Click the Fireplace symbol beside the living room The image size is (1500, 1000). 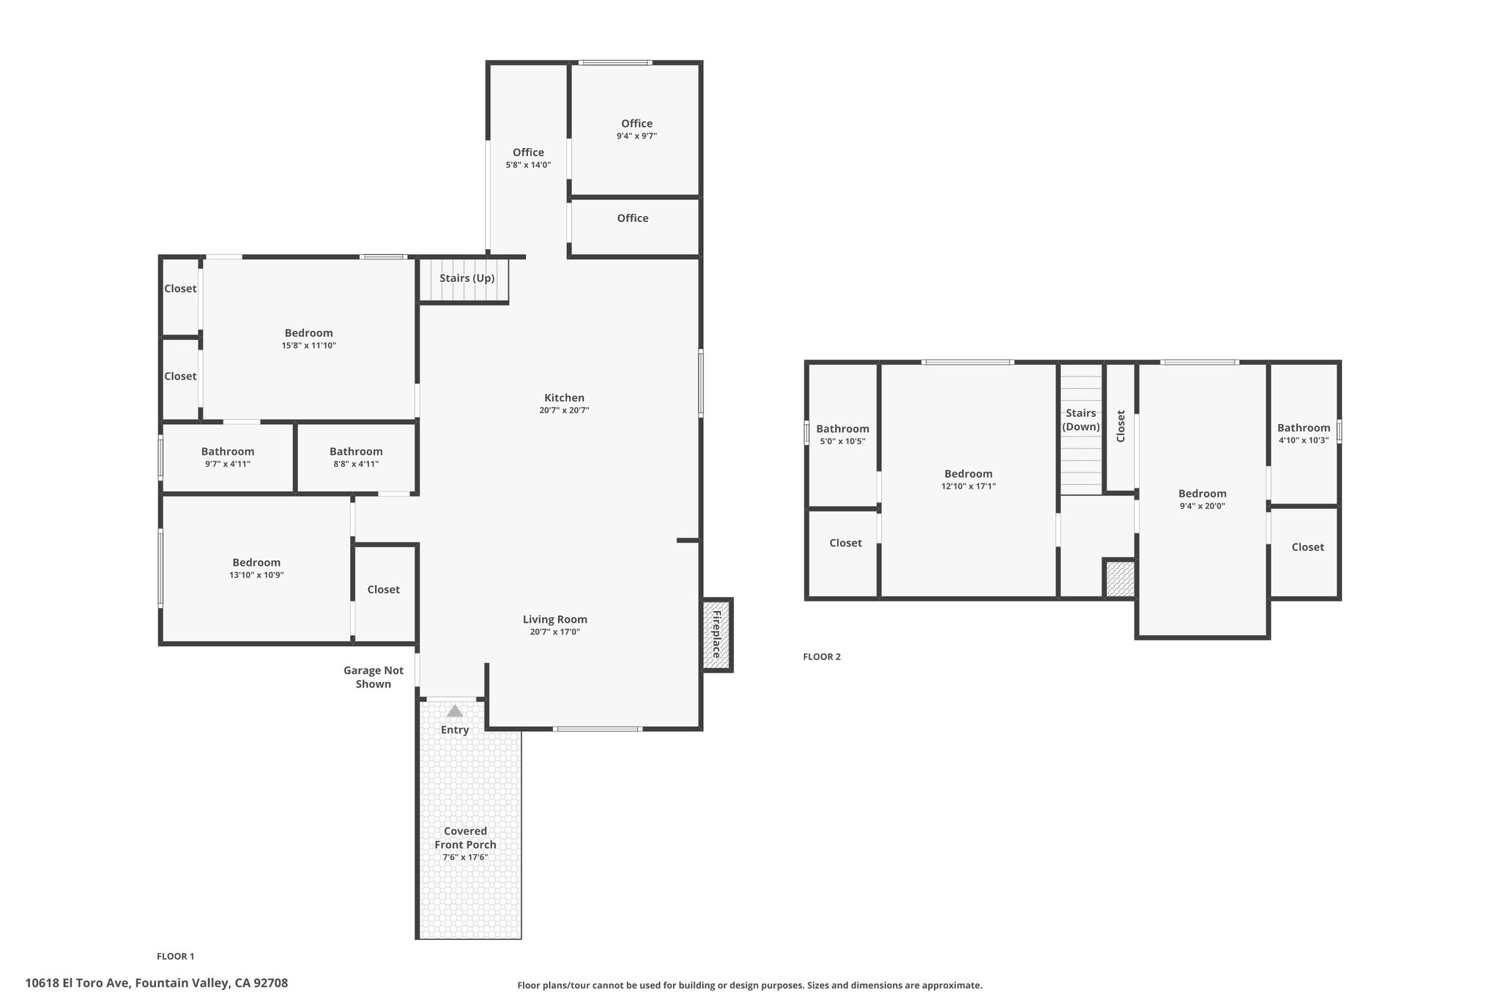point(717,634)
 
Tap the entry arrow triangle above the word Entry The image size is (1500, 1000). point(455,711)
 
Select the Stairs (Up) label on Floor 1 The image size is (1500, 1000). point(467,278)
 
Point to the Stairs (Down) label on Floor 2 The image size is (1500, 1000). point(1081,420)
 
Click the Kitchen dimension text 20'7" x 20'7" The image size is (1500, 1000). point(564,410)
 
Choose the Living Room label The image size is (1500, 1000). point(555,619)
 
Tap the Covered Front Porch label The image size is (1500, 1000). point(466,837)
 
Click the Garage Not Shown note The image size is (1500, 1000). point(374,677)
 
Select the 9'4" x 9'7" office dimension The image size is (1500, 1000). point(637,136)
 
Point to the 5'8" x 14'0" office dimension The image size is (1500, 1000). point(528,165)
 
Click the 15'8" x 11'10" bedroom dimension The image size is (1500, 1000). point(309,345)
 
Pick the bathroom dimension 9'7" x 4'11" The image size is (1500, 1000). point(228,464)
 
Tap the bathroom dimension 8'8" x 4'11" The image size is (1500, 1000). point(356,464)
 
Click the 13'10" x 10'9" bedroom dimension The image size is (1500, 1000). point(256,575)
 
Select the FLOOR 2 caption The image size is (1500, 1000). point(822,656)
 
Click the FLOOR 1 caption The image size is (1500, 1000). point(176,956)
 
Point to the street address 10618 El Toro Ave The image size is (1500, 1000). point(78,983)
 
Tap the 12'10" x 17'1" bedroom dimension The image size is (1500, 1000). point(968,486)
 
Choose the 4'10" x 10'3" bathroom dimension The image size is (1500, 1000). point(1304,440)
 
